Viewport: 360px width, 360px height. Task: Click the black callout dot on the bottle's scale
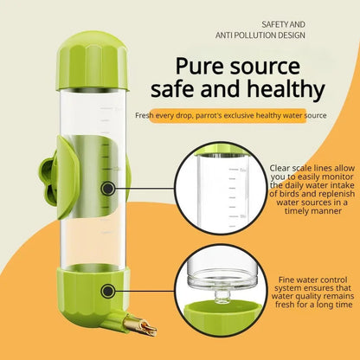click(x=107, y=187)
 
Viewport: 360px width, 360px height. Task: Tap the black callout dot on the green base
click(x=107, y=292)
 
